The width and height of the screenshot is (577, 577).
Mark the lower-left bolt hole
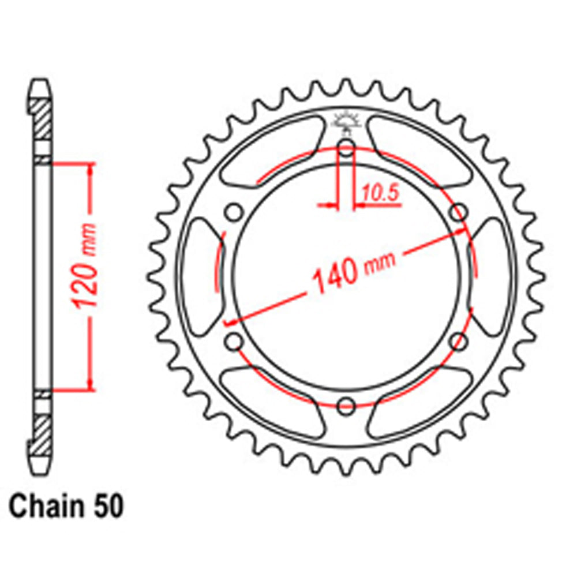[x=234, y=342]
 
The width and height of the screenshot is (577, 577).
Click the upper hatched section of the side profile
[x=41, y=121]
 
